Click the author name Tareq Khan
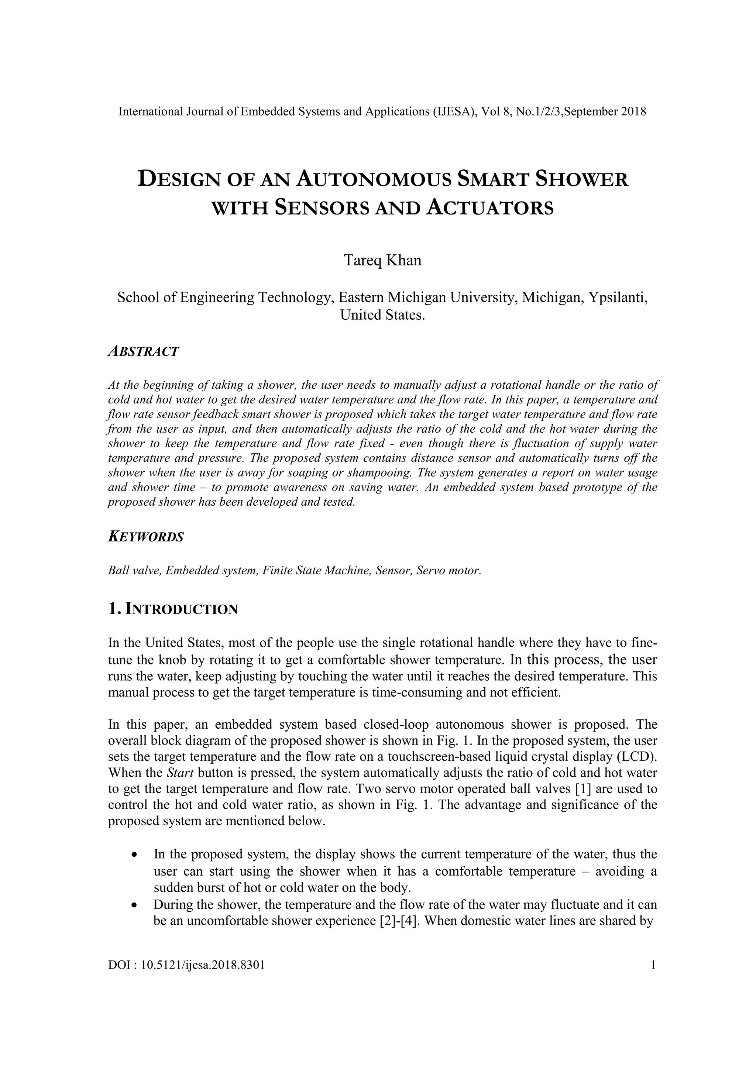pos(382,260)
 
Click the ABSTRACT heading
pos(143,351)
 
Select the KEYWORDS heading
pos(146,537)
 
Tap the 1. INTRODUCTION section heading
pos(173,609)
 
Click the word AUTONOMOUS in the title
pos(374,179)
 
